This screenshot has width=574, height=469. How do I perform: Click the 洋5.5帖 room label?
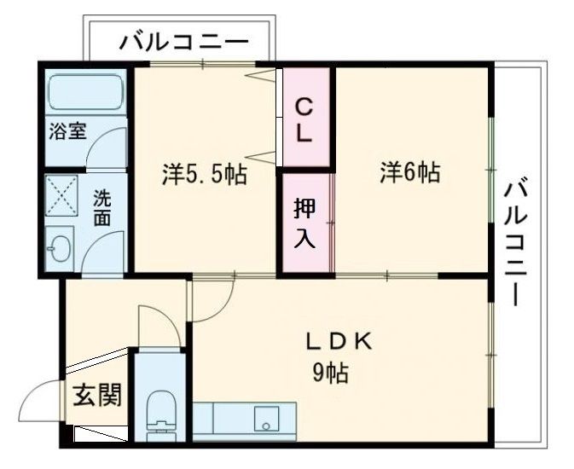(x=205, y=175)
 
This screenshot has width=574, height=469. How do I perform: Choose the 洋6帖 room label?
(x=409, y=173)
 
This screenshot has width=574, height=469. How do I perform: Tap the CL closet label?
(x=305, y=119)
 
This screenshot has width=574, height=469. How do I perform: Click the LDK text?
(x=339, y=341)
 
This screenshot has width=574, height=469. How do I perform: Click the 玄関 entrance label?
(x=96, y=395)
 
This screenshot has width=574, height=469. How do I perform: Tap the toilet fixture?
(x=159, y=414)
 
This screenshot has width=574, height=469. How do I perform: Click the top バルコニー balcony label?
(x=184, y=41)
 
